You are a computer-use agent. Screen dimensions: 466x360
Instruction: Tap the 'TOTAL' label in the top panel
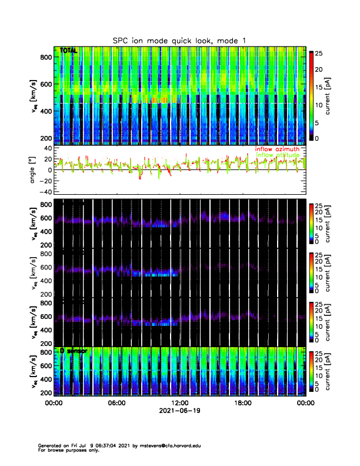(69, 51)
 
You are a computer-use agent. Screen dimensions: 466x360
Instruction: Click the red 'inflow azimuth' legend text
(277, 149)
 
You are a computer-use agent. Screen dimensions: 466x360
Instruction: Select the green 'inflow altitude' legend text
(277, 155)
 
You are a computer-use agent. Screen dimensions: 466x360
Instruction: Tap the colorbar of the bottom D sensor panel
(311, 370)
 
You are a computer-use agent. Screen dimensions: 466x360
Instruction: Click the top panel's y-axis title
(34, 97)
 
